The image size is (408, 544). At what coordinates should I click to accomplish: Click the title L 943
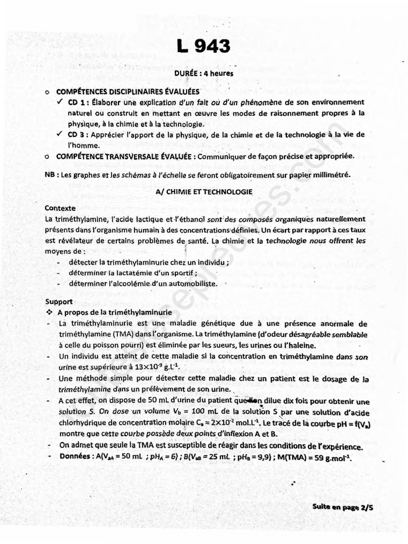point(204,47)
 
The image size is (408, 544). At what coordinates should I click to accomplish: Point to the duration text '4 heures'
point(220,73)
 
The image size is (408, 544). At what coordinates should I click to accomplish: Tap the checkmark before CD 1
point(60,102)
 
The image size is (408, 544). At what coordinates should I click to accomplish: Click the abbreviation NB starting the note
point(49,175)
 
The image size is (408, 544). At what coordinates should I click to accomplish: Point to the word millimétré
point(332,175)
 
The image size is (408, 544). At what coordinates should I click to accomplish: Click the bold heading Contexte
point(60,208)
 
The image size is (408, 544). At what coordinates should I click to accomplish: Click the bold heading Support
point(58,301)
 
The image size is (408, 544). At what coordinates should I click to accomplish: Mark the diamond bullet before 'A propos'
point(49,312)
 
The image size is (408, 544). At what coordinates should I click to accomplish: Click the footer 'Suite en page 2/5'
point(342,507)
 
